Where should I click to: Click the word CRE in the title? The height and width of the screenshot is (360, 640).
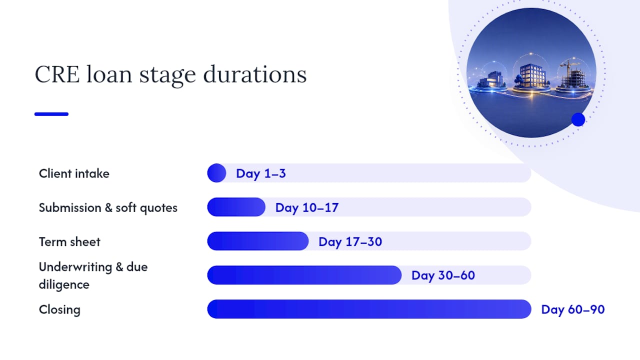tap(57, 74)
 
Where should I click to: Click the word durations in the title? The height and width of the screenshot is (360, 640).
tap(255, 74)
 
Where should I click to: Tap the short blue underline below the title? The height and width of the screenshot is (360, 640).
tap(51, 114)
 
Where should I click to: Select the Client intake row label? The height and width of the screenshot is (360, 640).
tap(74, 173)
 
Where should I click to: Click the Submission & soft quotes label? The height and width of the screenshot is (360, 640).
tap(108, 207)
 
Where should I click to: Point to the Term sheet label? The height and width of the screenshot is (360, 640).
tap(69, 241)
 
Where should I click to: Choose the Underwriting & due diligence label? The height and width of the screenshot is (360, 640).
tap(93, 275)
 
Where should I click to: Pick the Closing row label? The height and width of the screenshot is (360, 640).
tap(59, 310)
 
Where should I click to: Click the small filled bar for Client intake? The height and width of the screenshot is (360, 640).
tap(216, 173)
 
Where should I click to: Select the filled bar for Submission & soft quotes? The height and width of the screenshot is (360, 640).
tap(236, 207)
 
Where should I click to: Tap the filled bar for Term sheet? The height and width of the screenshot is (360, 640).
tap(257, 241)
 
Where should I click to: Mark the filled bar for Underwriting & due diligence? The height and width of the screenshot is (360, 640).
tap(304, 275)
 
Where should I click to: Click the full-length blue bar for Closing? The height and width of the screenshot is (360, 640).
tap(369, 309)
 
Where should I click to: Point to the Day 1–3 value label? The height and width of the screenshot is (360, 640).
tap(261, 173)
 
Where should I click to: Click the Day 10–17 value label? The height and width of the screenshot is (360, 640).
tap(307, 207)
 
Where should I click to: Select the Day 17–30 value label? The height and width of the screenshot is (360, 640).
tap(350, 241)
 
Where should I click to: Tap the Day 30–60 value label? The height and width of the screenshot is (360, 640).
tap(443, 275)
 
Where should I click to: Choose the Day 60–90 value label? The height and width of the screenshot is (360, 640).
tap(573, 309)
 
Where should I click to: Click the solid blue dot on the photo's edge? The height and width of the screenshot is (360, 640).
tap(578, 119)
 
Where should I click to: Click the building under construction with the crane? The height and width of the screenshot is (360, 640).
tap(573, 74)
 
